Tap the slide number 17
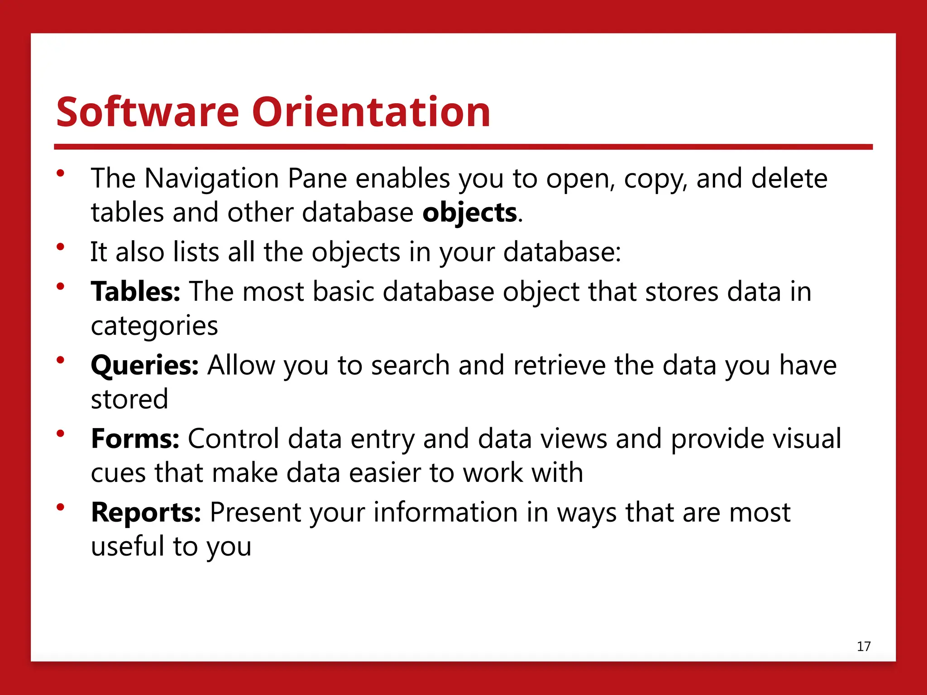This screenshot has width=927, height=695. [864, 646]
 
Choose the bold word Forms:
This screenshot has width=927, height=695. [135, 438]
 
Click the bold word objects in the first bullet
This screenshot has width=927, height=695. [469, 213]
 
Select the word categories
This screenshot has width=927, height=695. [154, 326]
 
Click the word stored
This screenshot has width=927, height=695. [129, 399]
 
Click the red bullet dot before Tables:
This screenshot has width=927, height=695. [61, 286]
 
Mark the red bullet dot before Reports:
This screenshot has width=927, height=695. [61, 507]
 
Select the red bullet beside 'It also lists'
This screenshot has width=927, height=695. [61, 247]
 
